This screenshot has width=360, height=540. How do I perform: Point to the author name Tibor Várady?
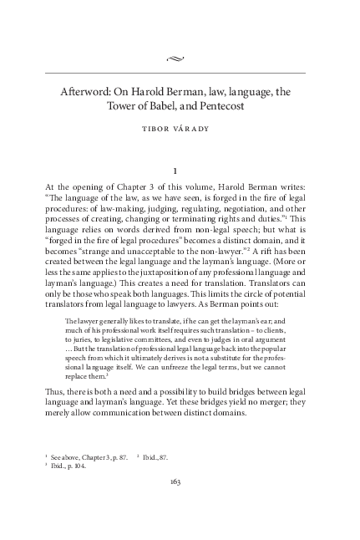[180, 130]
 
